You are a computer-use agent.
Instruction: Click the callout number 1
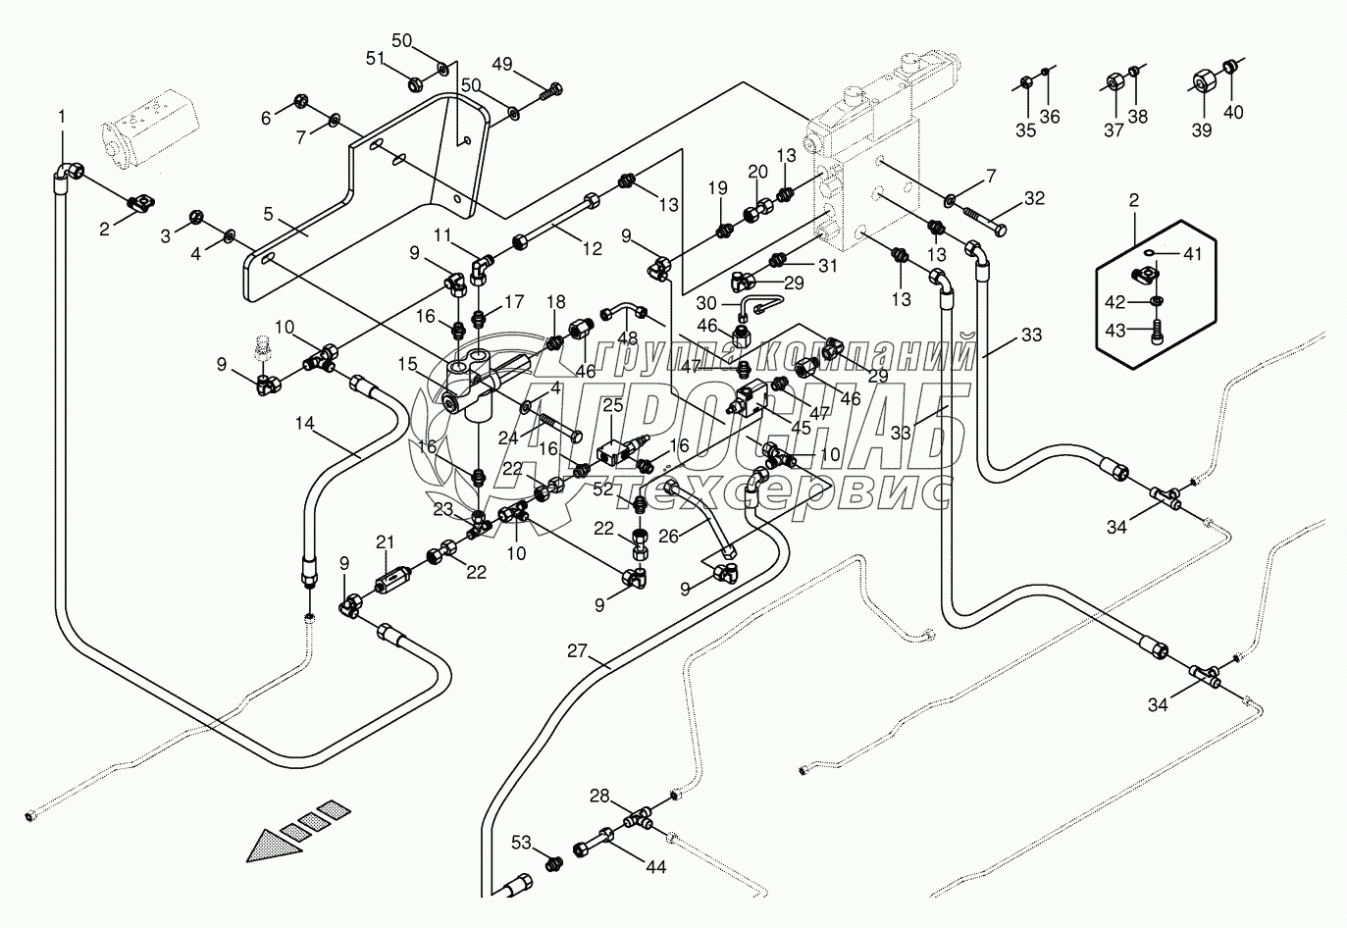[x=62, y=117]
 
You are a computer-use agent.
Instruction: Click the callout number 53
[x=521, y=842]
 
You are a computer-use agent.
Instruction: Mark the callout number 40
[x=1232, y=113]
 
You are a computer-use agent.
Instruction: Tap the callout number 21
[x=386, y=542]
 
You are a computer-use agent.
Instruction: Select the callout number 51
[x=376, y=58]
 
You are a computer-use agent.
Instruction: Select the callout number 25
[x=613, y=405]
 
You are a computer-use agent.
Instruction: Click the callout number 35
[x=1025, y=131]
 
